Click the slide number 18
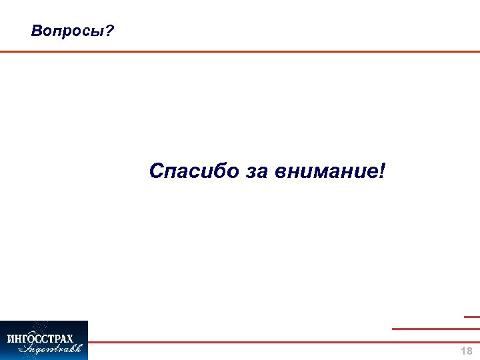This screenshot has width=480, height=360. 467,351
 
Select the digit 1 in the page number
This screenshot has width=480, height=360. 463,351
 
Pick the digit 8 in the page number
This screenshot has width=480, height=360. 469,351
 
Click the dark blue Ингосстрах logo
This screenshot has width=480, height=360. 44,340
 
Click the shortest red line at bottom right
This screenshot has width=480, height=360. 471,317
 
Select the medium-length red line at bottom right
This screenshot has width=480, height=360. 435,329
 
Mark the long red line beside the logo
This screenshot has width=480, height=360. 283,342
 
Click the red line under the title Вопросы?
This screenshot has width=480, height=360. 240,51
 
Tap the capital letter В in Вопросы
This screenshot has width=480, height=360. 36,31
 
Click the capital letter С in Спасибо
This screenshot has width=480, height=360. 157,171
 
